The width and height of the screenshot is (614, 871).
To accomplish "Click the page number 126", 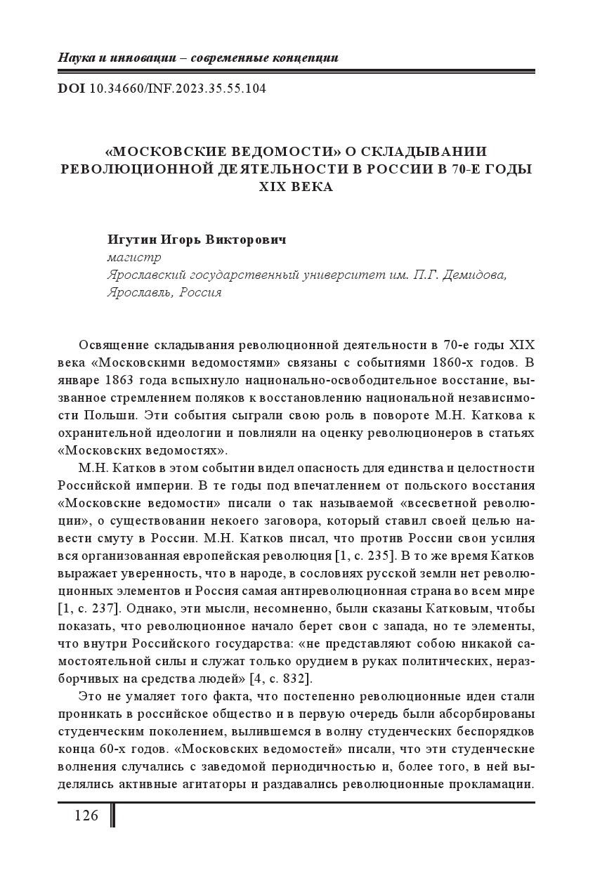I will [86, 816].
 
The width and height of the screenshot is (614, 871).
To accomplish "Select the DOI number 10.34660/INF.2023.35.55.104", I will [178, 89].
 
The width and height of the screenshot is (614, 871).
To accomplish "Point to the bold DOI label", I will [71, 89].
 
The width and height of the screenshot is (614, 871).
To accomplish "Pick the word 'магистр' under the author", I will [133, 257].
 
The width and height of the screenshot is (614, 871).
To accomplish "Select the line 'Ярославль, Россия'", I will [164, 292].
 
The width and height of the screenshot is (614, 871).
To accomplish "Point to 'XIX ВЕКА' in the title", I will [296, 187].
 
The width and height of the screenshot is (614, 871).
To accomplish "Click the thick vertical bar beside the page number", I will [112, 816].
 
